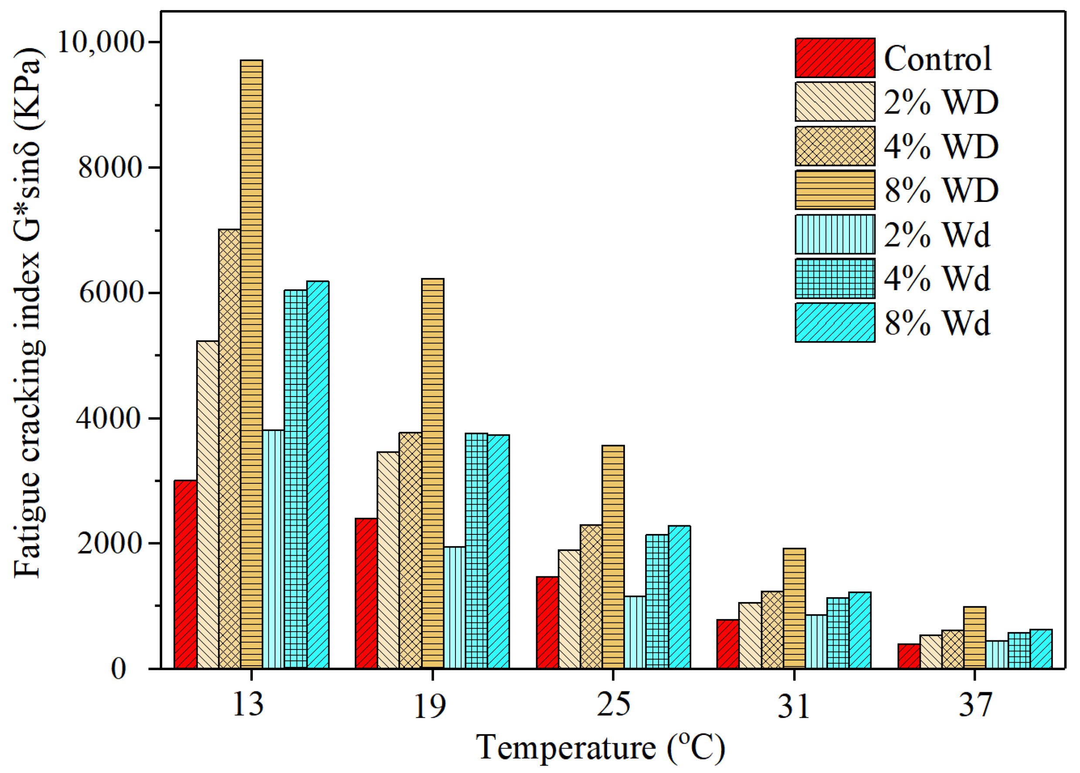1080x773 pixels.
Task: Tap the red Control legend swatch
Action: click(x=835, y=58)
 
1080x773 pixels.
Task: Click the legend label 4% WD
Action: click(x=941, y=146)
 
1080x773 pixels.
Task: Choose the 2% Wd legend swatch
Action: click(x=835, y=234)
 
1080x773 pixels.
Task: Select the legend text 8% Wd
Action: click(x=937, y=323)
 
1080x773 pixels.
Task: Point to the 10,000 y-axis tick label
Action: click(x=100, y=42)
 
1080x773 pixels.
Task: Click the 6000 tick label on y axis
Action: click(x=111, y=292)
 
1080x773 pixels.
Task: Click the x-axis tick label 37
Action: click(x=975, y=705)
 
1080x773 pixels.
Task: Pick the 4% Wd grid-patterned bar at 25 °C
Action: click(x=657, y=602)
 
